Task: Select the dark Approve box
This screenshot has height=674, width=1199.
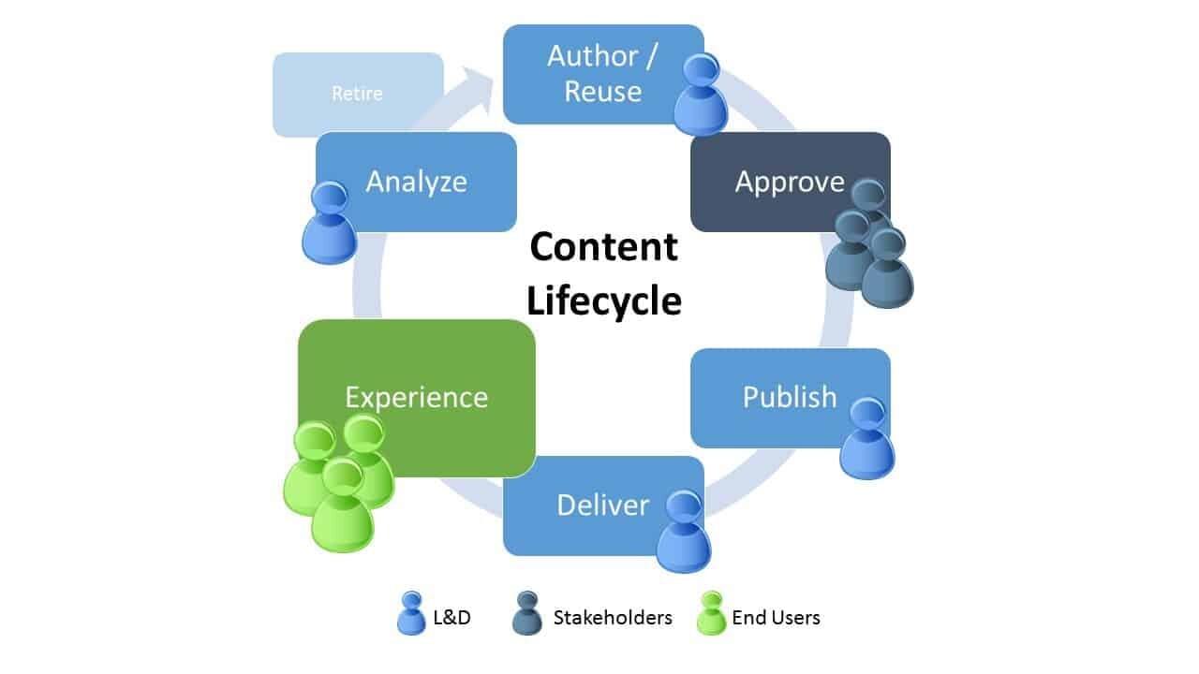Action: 777,182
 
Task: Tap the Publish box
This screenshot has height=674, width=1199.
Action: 777,397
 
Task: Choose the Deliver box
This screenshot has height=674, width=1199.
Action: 590,505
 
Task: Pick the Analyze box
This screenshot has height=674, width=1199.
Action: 417,182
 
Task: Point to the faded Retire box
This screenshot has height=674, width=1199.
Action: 357,95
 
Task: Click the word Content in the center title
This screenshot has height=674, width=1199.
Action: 603,247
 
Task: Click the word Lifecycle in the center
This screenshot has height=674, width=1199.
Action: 603,301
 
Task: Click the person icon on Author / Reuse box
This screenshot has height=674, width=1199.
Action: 701,95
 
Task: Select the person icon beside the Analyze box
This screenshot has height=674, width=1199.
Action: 329,223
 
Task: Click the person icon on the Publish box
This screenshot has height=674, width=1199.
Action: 866,438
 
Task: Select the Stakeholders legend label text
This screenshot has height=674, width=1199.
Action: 613,618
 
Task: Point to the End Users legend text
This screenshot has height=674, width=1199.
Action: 776,618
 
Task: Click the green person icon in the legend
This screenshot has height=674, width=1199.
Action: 712,614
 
